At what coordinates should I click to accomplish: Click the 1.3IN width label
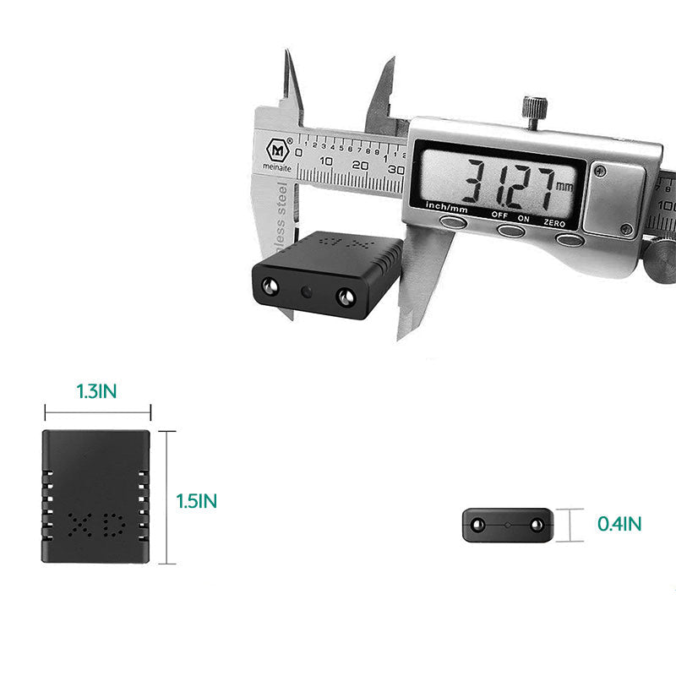pos(97,392)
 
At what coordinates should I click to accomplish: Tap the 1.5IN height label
pos(197,501)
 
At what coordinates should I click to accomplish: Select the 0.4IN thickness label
pos(619,524)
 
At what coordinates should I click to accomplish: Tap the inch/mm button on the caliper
pos(454,221)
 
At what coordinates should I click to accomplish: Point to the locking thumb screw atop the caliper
pos(533,111)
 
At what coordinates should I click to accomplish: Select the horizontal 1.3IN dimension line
pos(97,413)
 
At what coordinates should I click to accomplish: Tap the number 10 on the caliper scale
pos(326,163)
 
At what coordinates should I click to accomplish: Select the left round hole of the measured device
pos(271,286)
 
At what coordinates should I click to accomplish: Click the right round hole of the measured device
pos(345,297)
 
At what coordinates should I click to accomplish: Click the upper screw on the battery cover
pos(600,172)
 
